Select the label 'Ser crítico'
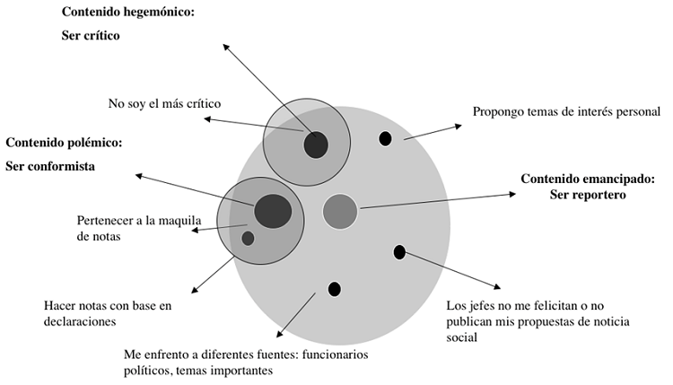coord(91,37)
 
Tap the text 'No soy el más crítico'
coord(164,103)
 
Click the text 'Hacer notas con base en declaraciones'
coord(107,313)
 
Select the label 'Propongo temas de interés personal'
coord(566,112)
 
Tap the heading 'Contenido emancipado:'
coord(588,179)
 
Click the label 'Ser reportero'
coord(588,194)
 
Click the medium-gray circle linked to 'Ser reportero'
coord(340,211)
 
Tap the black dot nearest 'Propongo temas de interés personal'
coord(386,139)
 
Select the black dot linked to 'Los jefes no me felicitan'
coord(399,252)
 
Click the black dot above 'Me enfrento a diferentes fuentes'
coord(335,289)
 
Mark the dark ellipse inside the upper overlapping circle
coord(316,144)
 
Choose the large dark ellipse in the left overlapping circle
coord(273,211)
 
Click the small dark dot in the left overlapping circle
coord(248,239)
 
